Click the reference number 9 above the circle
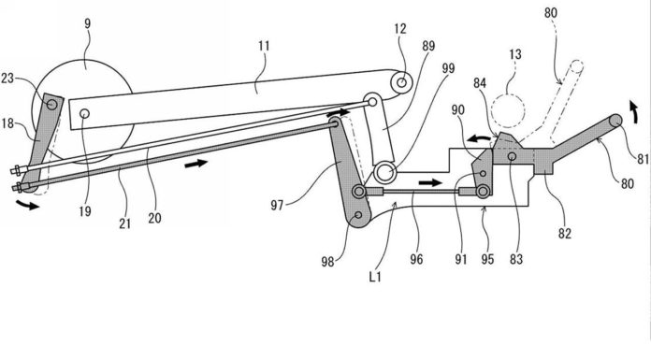point(87,23)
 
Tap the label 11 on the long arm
point(264,46)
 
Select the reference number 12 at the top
point(400,29)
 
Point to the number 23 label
point(8,78)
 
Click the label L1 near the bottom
point(375,277)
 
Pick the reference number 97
point(278,205)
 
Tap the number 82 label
point(565,234)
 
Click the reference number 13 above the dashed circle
point(514,54)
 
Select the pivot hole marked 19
point(85,113)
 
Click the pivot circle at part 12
point(401,82)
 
